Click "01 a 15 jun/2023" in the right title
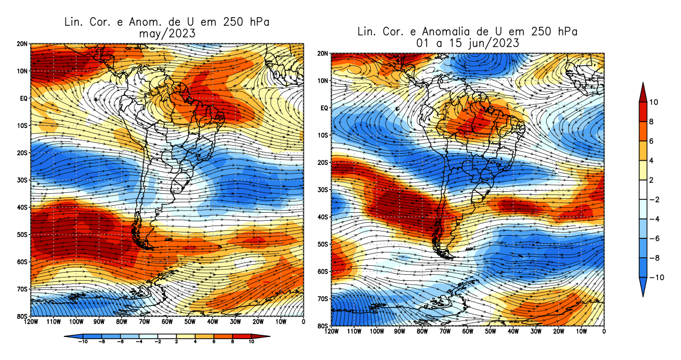[x=467, y=43]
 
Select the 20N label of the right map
[x=323, y=54]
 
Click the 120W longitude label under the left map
[x=31, y=322]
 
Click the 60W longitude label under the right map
[x=468, y=332]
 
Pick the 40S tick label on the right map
[x=323, y=217]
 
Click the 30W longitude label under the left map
[x=235, y=322]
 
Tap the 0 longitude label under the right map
[x=604, y=332]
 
